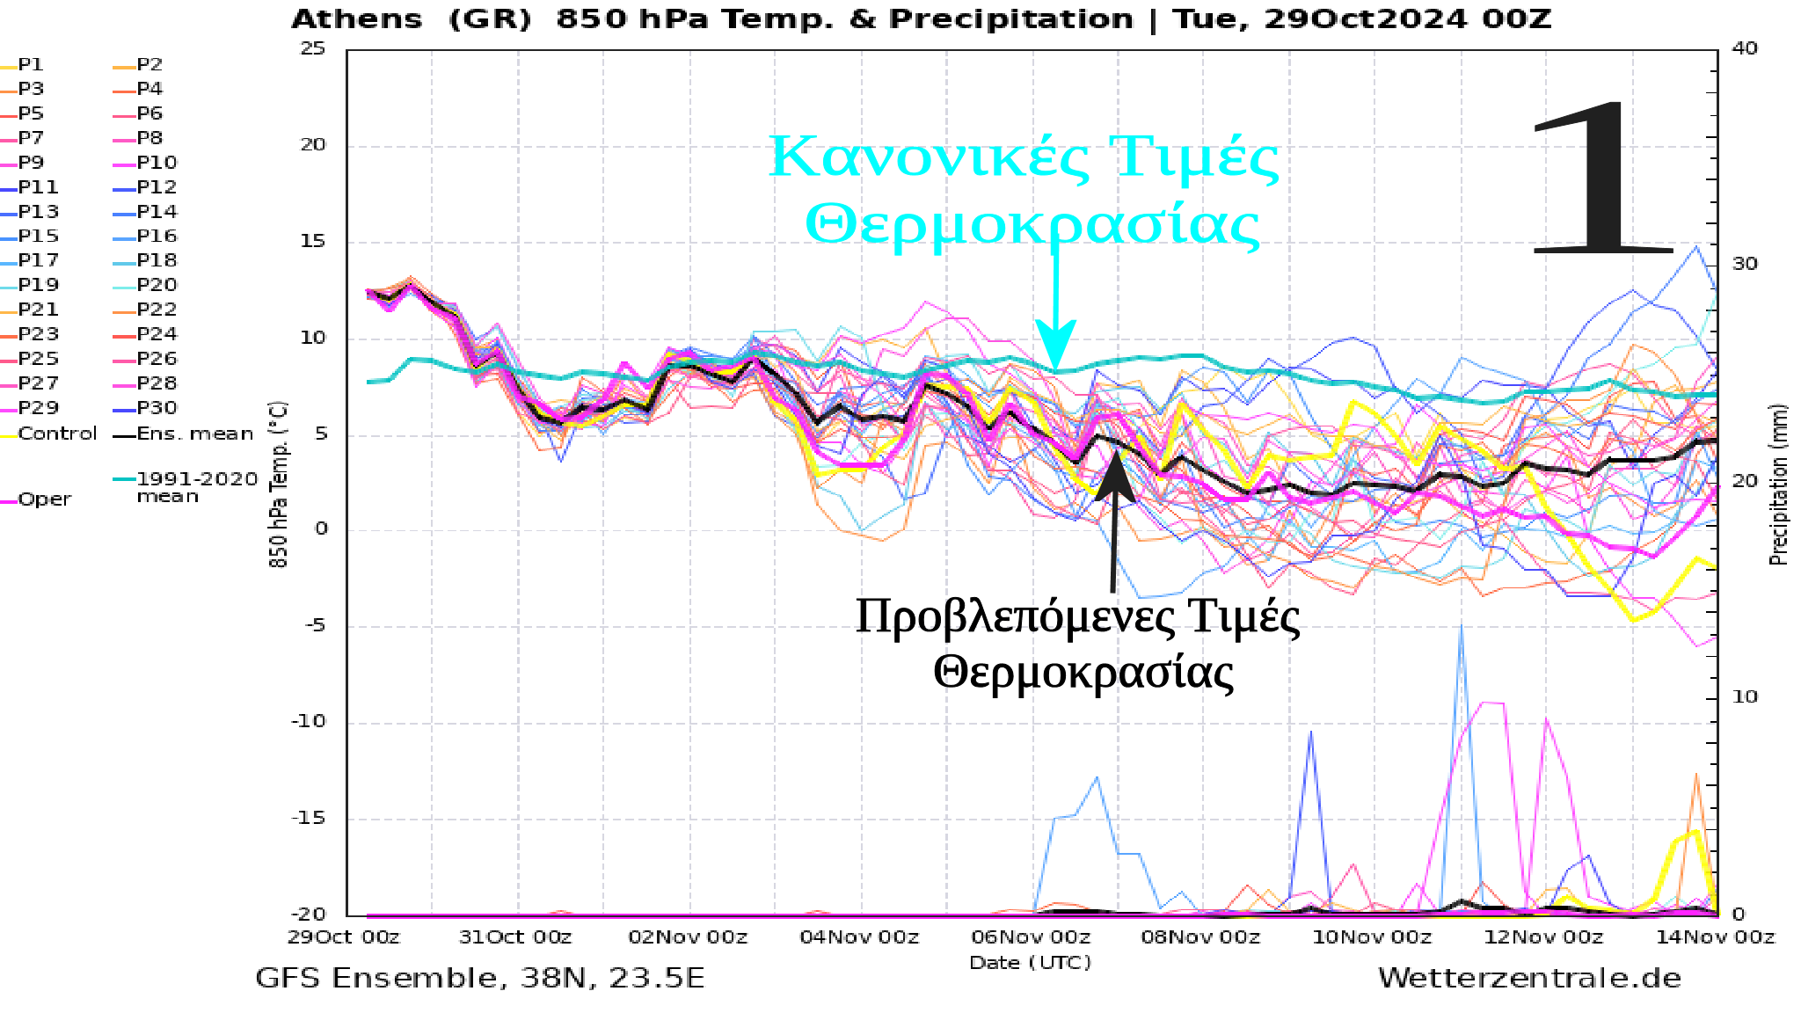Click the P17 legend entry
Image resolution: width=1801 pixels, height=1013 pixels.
(x=38, y=261)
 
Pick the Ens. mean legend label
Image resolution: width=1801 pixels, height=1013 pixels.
(x=194, y=434)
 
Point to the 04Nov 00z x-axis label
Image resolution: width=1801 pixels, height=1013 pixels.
(x=859, y=937)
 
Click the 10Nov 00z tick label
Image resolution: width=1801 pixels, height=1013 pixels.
(x=1372, y=937)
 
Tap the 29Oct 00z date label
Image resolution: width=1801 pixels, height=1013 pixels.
(x=344, y=937)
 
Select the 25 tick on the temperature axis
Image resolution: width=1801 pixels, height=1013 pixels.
(x=313, y=48)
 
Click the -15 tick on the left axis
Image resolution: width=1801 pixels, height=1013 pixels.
(x=309, y=818)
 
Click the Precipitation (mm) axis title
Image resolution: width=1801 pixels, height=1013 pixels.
(x=1778, y=484)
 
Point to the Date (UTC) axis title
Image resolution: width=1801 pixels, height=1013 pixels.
(x=1030, y=963)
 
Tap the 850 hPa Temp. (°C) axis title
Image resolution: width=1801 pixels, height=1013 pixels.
(x=278, y=484)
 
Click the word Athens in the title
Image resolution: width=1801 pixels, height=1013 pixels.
(x=356, y=19)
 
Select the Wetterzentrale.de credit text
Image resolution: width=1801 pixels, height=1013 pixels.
(x=1529, y=978)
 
